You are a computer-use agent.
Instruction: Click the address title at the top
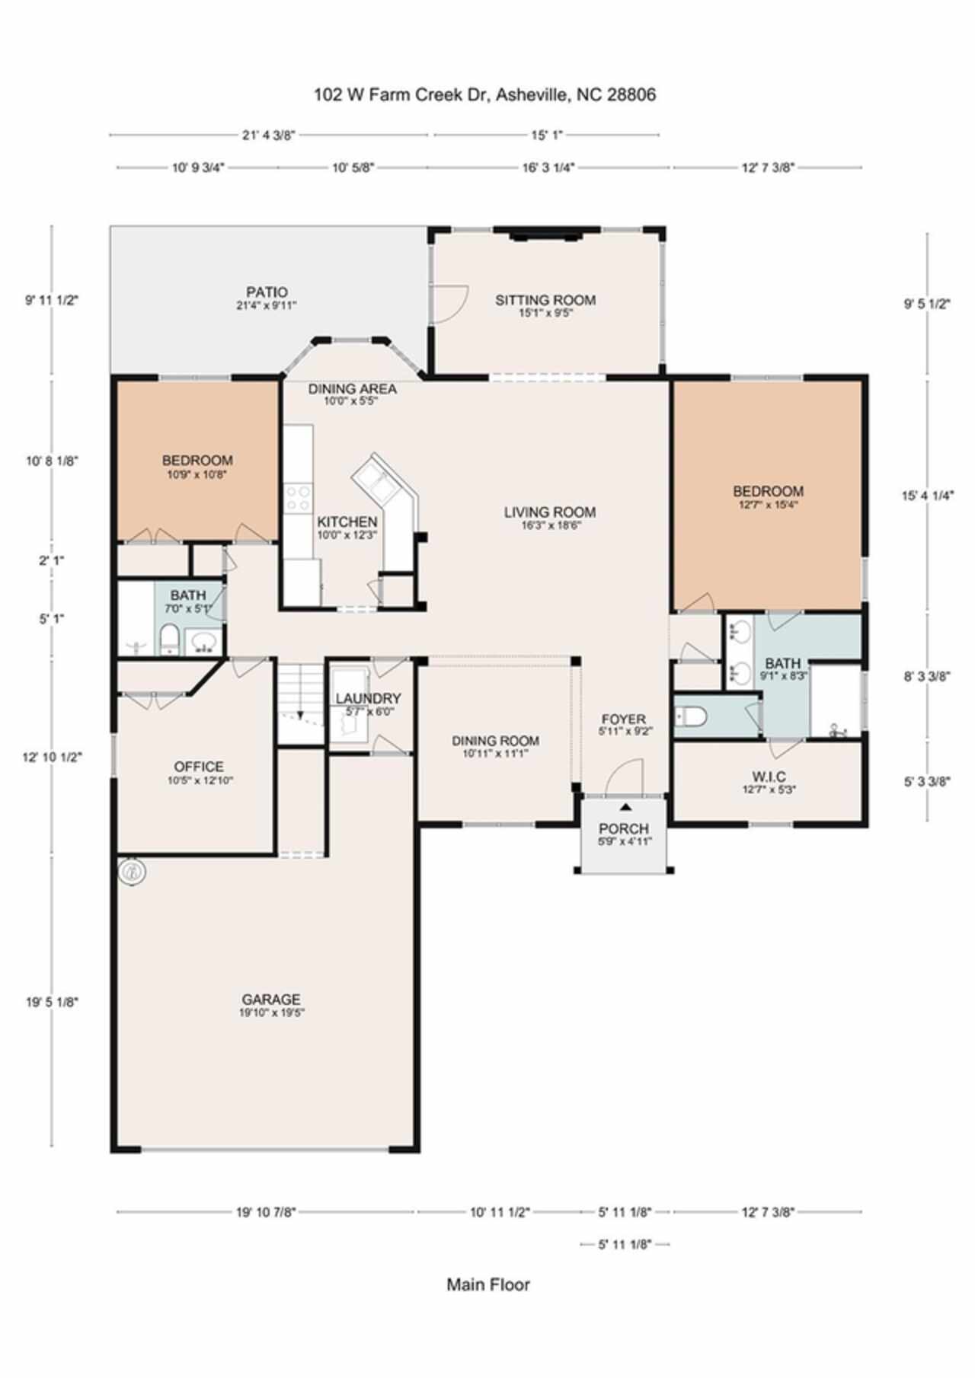(x=485, y=95)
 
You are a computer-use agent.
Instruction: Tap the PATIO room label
(x=267, y=292)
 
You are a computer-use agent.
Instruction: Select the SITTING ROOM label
(x=545, y=300)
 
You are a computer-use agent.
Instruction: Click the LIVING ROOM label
(x=549, y=512)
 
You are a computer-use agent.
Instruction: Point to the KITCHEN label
(x=347, y=522)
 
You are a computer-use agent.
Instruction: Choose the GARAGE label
(x=271, y=1000)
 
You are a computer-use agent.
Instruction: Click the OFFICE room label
(x=199, y=767)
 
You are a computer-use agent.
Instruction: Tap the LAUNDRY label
(x=368, y=698)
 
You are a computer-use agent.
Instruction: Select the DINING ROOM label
(x=495, y=741)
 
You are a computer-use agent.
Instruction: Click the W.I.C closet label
(x=769, y=777)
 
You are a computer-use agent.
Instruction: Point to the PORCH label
(x=624, y=828)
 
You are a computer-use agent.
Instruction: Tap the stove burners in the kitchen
(x=297, y=498)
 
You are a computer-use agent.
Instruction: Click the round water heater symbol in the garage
(x=133, y=872)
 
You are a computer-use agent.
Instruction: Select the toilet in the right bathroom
(x=692, y=716)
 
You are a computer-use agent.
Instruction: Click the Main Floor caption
(x=488, y=1285)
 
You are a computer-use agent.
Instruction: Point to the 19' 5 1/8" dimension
(x=52, y=1002)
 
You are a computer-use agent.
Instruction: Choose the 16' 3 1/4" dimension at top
(x=548, y=167)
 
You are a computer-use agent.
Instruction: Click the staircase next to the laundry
(x=301, y=703)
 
